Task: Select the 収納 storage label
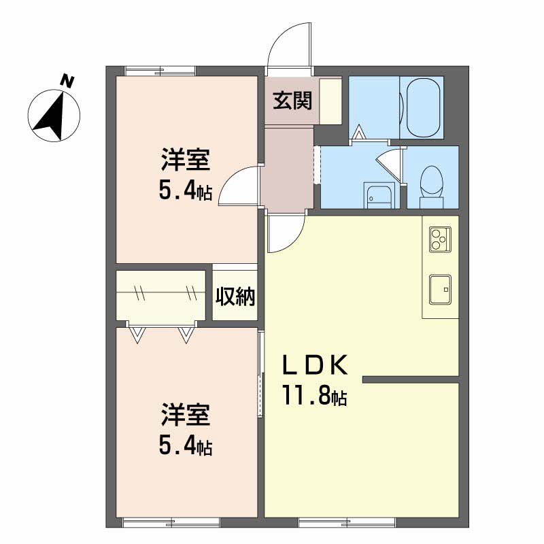tap(235, 296)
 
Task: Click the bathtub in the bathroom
tap(422, 107)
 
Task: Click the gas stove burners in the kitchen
tap(439, 239)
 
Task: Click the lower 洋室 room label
tap(185, 413)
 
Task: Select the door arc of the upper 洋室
tap(237, 186)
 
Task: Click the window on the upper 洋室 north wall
tap(160, 70)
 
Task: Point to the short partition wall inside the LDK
tap(411, 379)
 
